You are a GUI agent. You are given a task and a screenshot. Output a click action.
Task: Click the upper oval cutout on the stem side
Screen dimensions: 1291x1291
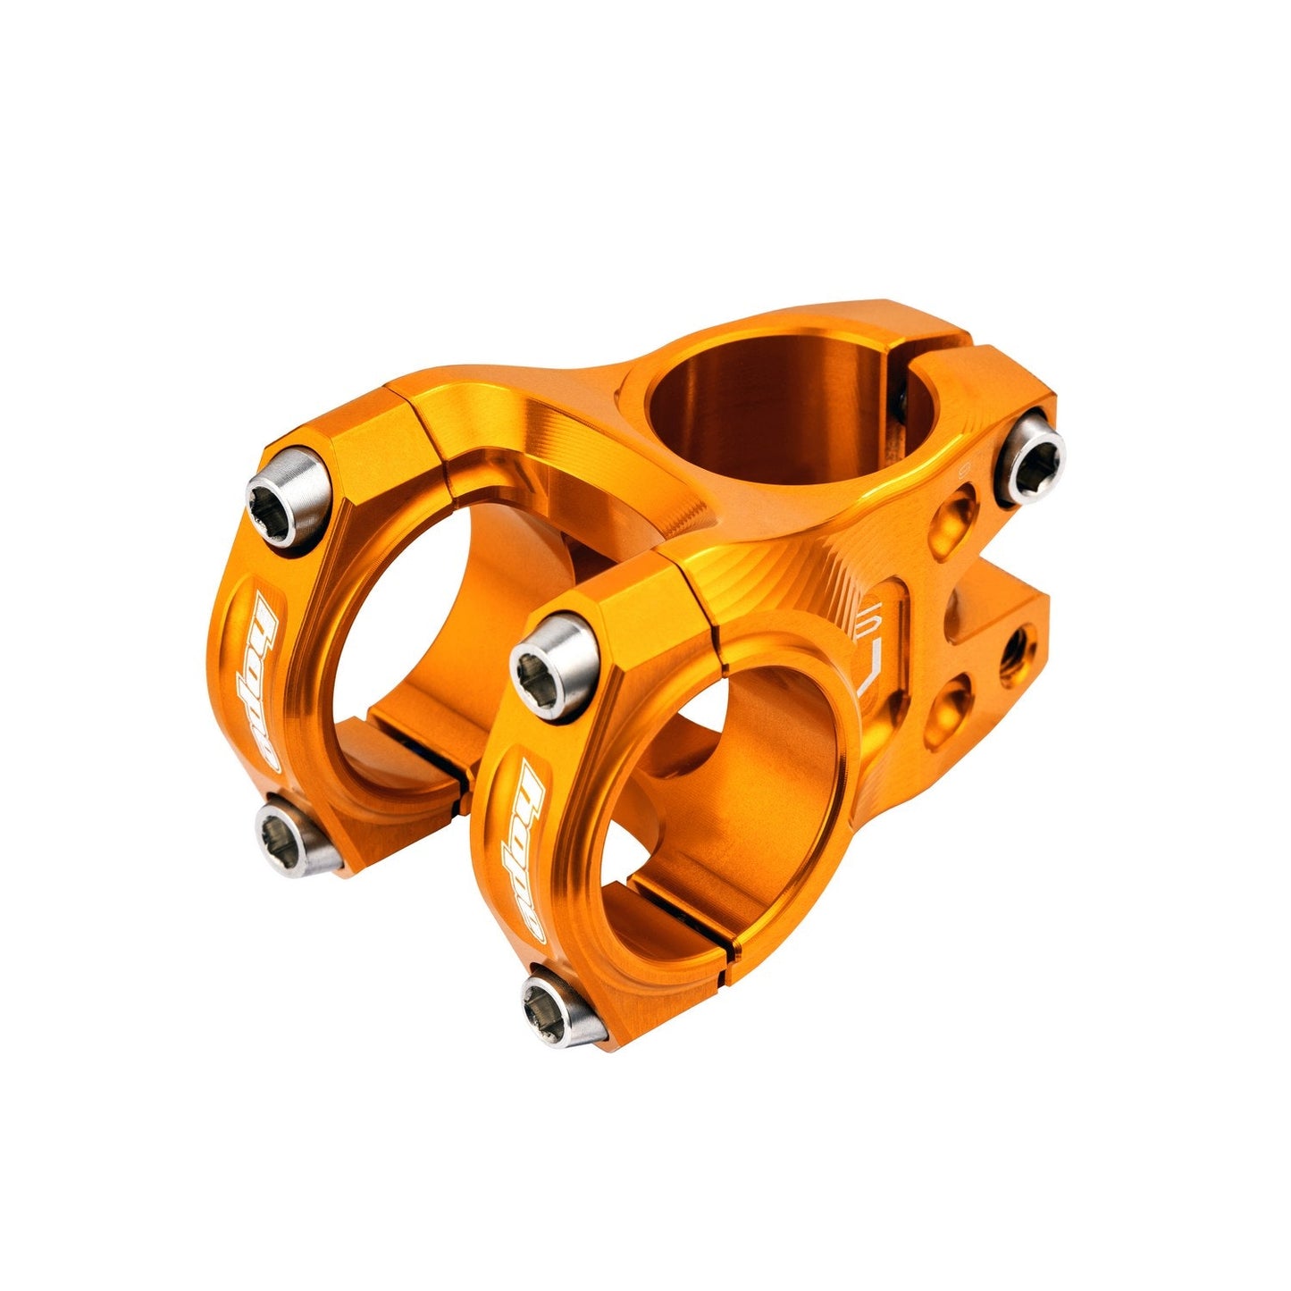958,516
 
